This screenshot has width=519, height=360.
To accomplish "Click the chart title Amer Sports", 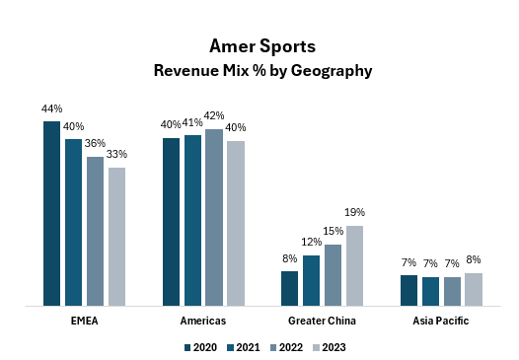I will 259,46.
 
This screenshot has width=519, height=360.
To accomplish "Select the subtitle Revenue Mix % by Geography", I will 259,71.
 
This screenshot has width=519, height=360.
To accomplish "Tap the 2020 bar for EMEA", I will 52,213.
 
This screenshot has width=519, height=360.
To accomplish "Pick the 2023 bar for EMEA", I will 116,237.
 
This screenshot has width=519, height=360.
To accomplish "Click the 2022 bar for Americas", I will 214,217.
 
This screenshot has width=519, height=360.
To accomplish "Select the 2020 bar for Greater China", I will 289,288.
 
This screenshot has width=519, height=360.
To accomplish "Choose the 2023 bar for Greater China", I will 354,265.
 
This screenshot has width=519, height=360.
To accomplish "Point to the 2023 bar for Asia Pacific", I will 474,289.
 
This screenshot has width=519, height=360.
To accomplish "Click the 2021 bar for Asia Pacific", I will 430,291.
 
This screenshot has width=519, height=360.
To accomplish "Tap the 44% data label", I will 52,108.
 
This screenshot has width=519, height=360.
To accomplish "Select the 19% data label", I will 355,212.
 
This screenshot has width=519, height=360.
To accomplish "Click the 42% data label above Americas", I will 214,116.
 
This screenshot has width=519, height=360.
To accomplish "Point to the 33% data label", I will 117,154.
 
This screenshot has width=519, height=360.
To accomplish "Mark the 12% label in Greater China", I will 312,243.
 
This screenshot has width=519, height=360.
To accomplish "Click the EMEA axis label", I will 84,322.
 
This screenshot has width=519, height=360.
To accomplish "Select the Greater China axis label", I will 322,322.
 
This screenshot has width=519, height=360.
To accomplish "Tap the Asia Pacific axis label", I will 441,322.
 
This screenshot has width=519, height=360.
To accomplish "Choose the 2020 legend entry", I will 200,347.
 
